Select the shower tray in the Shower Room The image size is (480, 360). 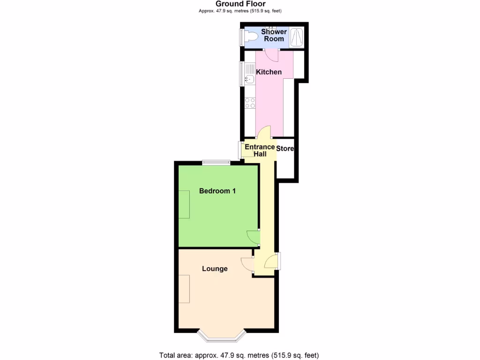[x=297, y=37]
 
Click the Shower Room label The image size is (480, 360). [x=274, y=35]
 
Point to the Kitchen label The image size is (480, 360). [x=269, y=72]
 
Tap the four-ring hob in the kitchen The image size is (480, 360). [x=250, y=103]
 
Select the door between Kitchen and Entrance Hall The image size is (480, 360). [x=265, y=133]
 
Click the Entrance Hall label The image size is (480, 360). [x=260, y=150]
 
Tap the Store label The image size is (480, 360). [x=285, y=149]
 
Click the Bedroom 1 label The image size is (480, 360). [x=217, y=191]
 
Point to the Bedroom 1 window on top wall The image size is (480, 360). [x=216, y=163]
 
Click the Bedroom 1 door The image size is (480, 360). [x=254, y=237]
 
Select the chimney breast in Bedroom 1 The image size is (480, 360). [x=184, y=204]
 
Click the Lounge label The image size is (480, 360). [x=215, y=269]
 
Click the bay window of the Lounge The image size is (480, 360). [x=222, y=336]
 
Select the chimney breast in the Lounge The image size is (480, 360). [x=184, y=289]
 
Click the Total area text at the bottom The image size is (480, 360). [x=240, y=355]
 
